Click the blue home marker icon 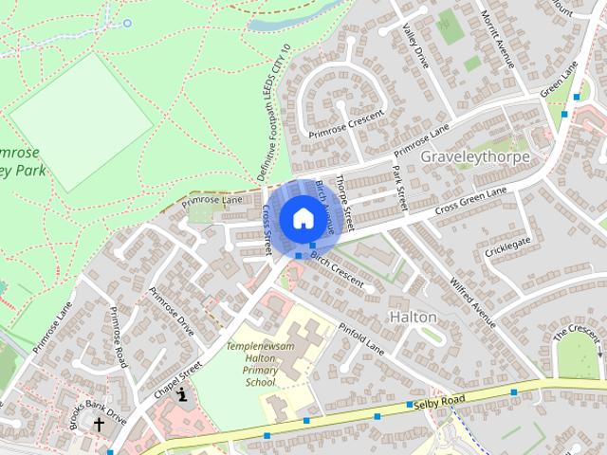pyautogui.click(x=302, y=219)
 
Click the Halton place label pyautogui.click(x=413, y=317)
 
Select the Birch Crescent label pyautogui.click(x=337, y=268)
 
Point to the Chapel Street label pyautogui.click(x=177, y=377)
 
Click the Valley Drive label pyautogui.click(x=415, y=46)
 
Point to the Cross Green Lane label pyautogui.click(x=470, y=200)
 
